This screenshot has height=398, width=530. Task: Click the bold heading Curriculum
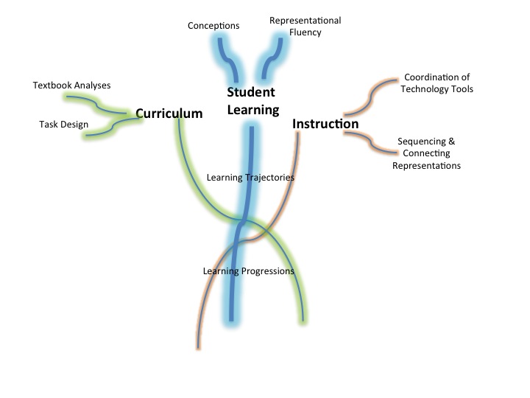[x=169, y=113]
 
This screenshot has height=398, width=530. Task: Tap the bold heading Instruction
[x=325, y=124]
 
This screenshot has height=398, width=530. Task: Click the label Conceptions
[x=213, y=26]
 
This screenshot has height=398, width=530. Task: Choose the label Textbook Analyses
[x=71, y=85]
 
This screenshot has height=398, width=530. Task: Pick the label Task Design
[x=63, y=125]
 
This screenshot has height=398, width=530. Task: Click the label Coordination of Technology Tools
[x=437, y=83]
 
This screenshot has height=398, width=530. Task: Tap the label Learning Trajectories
[x=250, y=178]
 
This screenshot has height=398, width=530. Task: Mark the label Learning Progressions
[x=248, y=271]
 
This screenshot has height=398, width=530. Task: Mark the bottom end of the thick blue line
[x=231, y=318]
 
